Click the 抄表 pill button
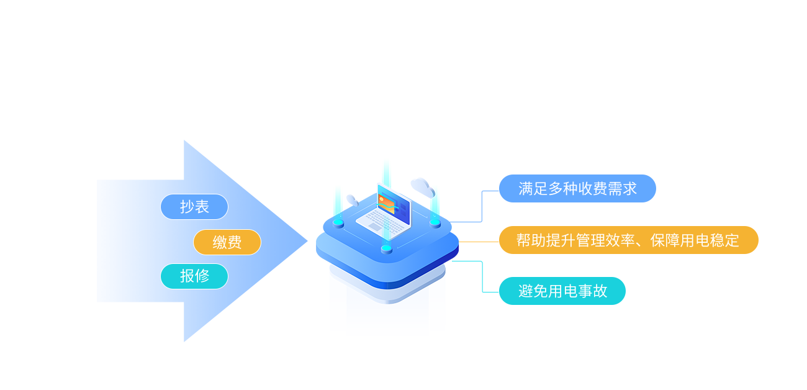pos(194,207)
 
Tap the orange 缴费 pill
pos(227,242)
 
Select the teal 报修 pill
pos(194,276)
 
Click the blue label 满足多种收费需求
pos(577,189)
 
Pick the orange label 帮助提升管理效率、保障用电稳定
pos(628,240)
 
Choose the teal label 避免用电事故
pos(562,291)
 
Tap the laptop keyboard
pos(378,218)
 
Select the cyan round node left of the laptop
pos(338,222)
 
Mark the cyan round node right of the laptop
pos(435,222)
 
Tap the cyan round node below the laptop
pos(386,249)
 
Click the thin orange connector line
pos(478,242)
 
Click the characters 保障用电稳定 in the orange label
pos(695,240)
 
